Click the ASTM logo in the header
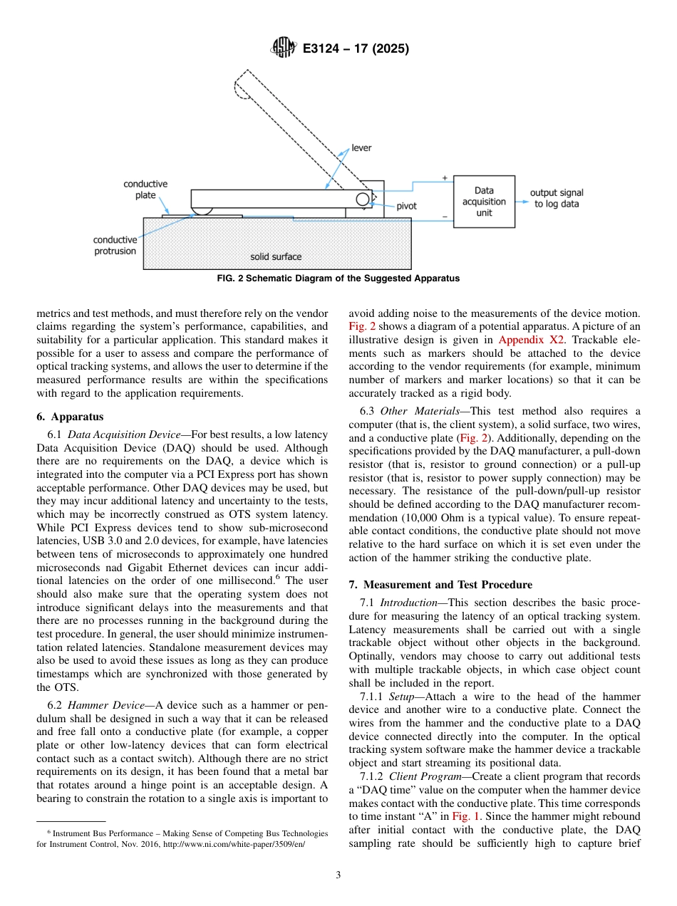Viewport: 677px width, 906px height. (x=282, y=48)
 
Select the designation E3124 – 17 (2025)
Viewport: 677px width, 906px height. (x=355, y=49)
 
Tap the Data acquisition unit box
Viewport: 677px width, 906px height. (x=484, y=202)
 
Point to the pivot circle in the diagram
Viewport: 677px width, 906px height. (x=363, y=199)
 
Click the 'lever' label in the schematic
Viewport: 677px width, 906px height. (x=361, y=148)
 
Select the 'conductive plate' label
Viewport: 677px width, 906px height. (x=145, y=189)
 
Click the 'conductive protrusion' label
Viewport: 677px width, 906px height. (x=115, y=246)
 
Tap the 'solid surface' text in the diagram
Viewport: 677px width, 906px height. (x=275, y=256)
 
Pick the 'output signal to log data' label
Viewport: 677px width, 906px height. (x=557, y=198)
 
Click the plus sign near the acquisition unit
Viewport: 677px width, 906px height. (x=445, y=177)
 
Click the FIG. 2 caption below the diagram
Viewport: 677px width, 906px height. (x=338, y=278)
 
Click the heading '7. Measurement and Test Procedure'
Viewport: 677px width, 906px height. (x=440, y=585)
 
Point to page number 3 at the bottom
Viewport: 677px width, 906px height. (x=338, y=875)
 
